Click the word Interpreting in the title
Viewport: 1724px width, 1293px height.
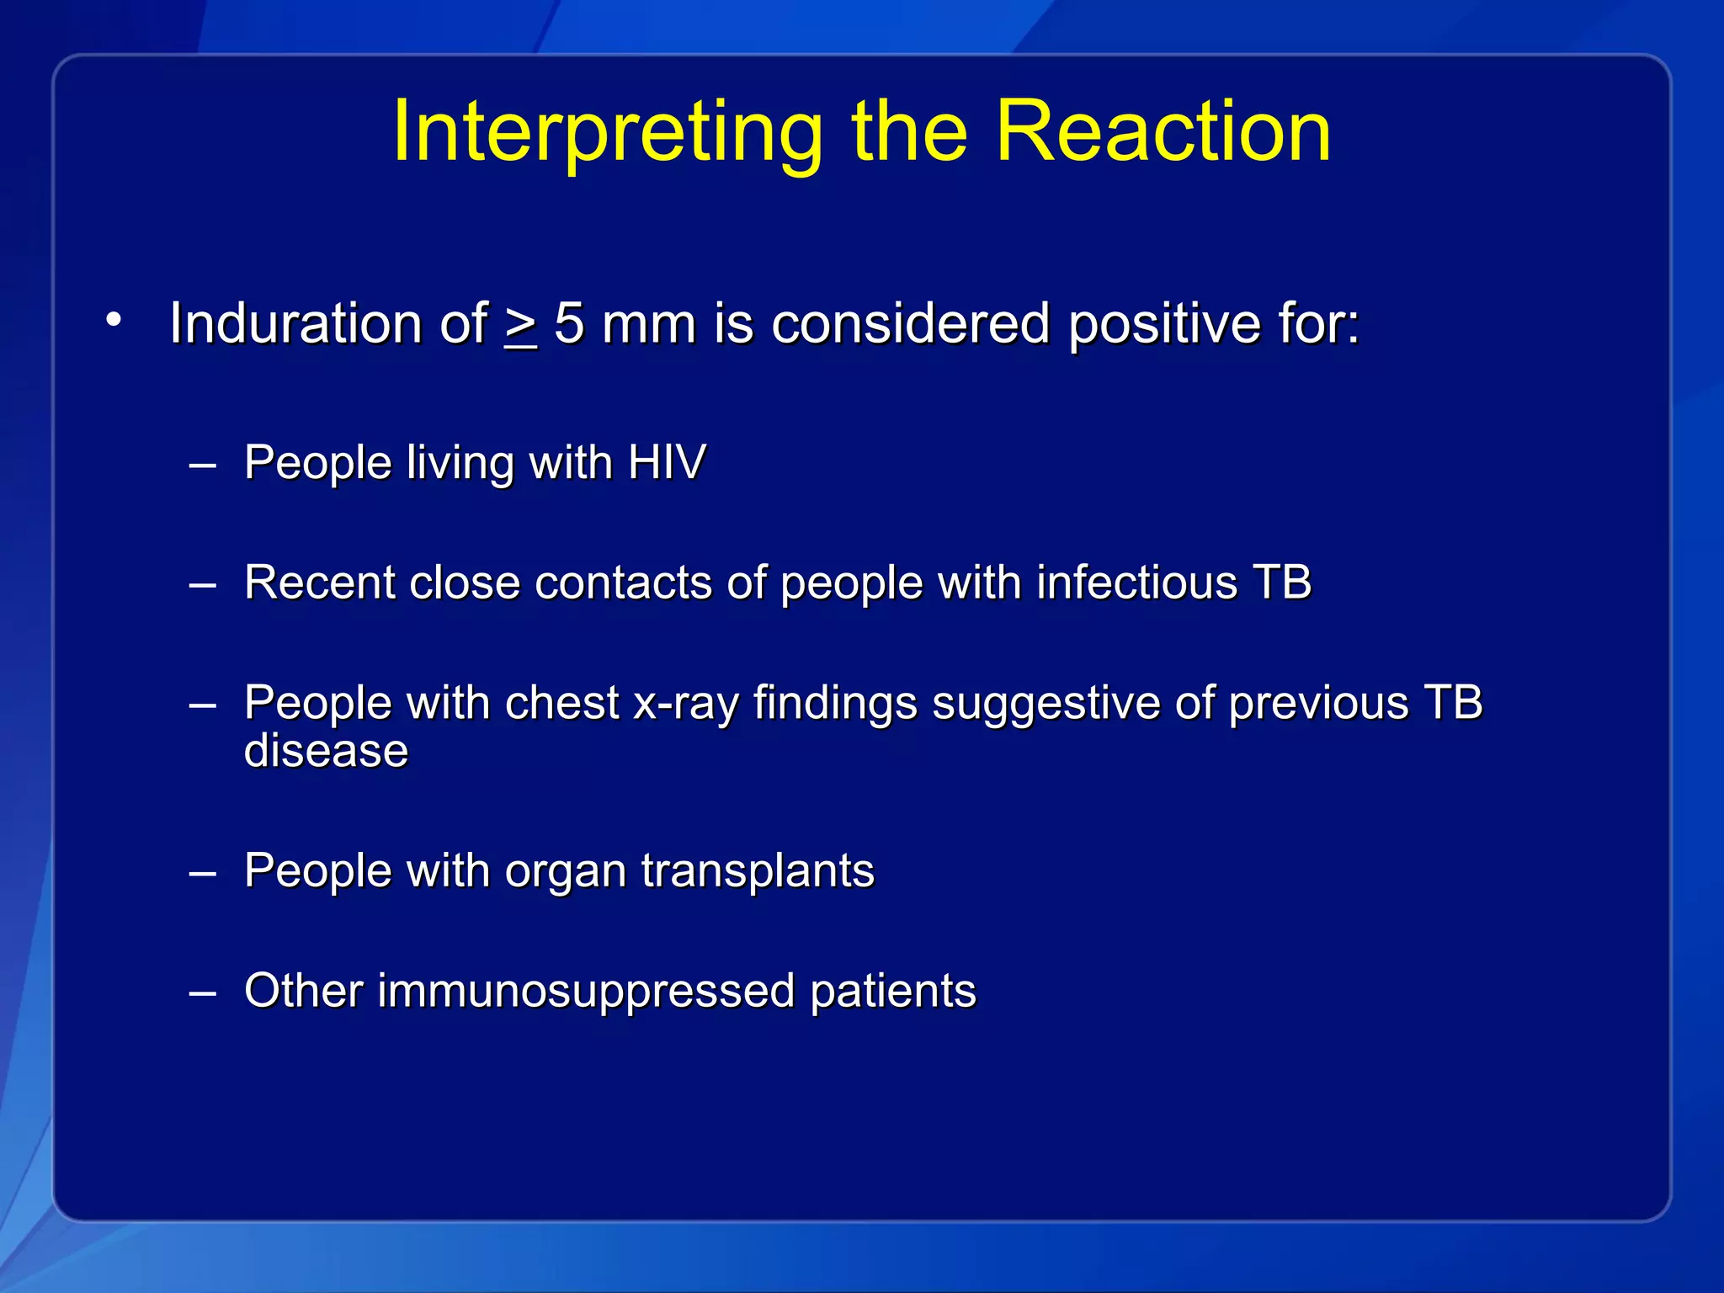[606, 132]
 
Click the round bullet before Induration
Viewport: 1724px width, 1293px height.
[114, 320]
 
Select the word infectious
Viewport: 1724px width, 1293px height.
[1136, 583]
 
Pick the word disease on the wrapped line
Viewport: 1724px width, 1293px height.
[326, 751]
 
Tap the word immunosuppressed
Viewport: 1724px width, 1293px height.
[586, 991]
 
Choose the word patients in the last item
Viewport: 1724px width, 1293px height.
[892, 991]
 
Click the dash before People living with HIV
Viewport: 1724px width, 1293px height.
[203, 465]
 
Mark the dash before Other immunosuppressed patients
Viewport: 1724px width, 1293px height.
[203, 993]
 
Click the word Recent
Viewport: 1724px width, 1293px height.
[319, 583]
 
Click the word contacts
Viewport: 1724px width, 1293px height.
[623, 583]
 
